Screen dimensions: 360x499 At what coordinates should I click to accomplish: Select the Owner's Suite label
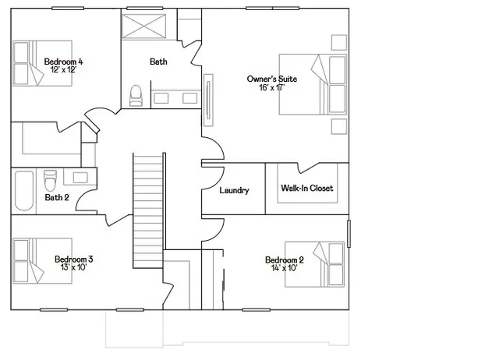(267, 79)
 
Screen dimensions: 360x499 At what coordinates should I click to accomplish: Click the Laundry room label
(234, 190)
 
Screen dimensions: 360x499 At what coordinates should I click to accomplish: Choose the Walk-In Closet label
(306, 189)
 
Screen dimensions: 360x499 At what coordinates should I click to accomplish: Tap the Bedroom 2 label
(284, 259)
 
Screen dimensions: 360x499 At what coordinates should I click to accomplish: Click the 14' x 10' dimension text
(284, 269)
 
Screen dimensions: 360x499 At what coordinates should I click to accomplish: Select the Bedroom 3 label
(74, 259)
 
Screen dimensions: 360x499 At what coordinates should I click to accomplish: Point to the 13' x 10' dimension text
(74, 268)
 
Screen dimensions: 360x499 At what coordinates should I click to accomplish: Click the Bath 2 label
(57, 198)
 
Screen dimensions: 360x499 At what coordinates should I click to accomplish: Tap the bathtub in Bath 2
(23, 190)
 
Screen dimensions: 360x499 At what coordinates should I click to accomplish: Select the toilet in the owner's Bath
(136, 95)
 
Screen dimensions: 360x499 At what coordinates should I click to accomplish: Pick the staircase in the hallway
(148, 210)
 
